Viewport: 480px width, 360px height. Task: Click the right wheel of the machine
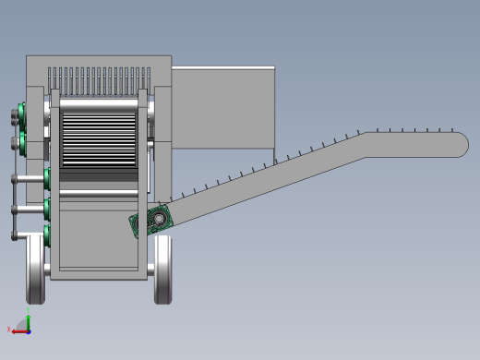pos(162,269)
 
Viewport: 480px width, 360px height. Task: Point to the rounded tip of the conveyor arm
pos(460,145)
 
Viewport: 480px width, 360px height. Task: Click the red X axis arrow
pos(18,330)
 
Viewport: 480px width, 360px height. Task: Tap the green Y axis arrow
pos(29,322)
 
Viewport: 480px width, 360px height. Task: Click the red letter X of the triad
pos(9,329)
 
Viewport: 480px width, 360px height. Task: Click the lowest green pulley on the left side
pos(46,234)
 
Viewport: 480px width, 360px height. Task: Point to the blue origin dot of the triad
pos(29,330)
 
